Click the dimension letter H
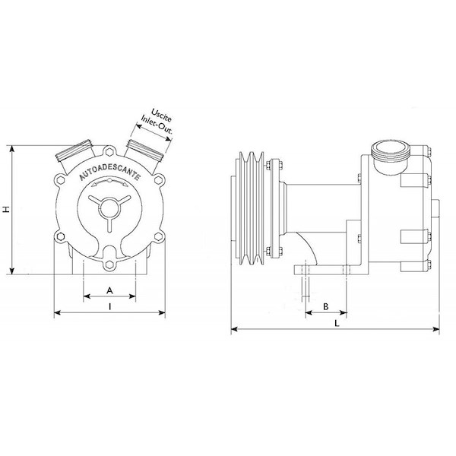(x=6, y=209)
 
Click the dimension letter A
(x=109, y=290)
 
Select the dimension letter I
(x=109, y=306)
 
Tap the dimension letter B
(x=326, y=306)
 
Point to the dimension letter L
(x=337, y=323)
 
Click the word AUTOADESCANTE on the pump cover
(x=110, y=173)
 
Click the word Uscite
(x=162, y=116)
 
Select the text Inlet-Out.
(x=157, y=125)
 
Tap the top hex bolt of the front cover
(x=109, y=152)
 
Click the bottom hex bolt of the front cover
(x=109, y=264)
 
